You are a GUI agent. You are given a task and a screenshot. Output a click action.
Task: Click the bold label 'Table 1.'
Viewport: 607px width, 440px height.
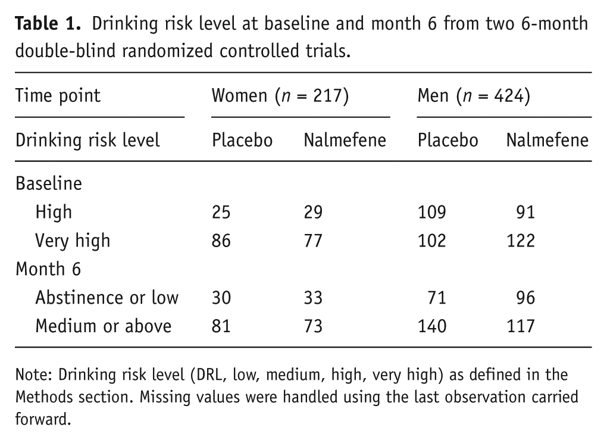pos(48,24)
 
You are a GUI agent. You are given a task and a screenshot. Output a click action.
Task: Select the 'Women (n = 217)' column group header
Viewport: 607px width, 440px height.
pos(280,96)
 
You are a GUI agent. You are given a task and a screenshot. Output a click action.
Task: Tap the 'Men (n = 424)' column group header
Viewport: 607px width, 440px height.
pos(474,96)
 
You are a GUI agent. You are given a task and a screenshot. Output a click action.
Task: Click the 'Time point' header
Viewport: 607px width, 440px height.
pos(58,96)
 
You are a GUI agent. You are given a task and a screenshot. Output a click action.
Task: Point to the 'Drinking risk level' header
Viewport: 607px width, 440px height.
pos(87,140)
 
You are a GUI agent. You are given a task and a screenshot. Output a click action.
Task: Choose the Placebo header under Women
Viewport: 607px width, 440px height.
pos(242,140)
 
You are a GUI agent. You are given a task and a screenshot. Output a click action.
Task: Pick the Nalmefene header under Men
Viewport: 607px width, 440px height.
pos(547,140)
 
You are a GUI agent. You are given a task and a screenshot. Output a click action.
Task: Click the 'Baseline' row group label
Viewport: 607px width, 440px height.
pos(49,183)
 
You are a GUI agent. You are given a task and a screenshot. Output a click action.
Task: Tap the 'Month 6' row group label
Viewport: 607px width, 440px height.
pos(48,269)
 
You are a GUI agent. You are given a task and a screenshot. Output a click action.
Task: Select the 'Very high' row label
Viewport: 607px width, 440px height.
pos(73,241)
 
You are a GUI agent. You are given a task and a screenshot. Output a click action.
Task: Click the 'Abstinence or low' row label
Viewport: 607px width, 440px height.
pos(107,298)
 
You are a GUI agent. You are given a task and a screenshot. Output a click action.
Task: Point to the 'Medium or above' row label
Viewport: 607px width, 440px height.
pos(104,326)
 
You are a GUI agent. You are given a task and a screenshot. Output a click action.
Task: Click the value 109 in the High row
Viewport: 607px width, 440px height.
pos(432,212)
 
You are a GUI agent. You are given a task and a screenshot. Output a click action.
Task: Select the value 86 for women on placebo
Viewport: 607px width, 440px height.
pos(221,241)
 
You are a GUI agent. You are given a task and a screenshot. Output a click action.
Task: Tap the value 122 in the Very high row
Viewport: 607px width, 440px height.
pos(521,241)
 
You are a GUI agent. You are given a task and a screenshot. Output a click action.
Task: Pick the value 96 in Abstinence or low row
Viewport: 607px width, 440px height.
pos(525,298)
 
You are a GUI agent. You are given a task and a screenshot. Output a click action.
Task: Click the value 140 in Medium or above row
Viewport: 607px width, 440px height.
pos(432,326)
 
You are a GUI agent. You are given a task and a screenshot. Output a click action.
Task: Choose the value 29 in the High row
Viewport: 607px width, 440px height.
pos(313,212)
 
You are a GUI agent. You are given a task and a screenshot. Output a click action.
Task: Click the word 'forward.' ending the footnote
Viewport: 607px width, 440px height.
pos(43,419)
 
